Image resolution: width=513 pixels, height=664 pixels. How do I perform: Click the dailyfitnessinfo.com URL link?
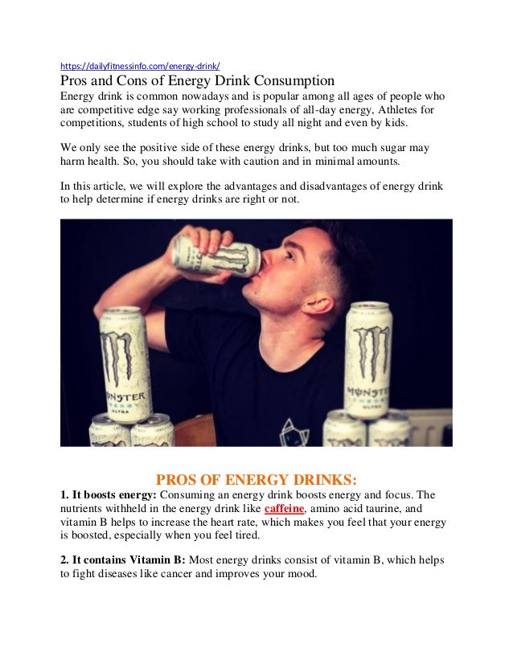[141, 65]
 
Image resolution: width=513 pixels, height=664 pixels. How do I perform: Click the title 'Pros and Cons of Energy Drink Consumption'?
[197, 80]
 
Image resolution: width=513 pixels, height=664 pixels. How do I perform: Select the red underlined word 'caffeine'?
[284, 509]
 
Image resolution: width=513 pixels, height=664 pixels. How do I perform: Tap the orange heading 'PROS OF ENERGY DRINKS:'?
[256, 480]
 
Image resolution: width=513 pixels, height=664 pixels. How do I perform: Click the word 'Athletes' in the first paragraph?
[397, 110]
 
